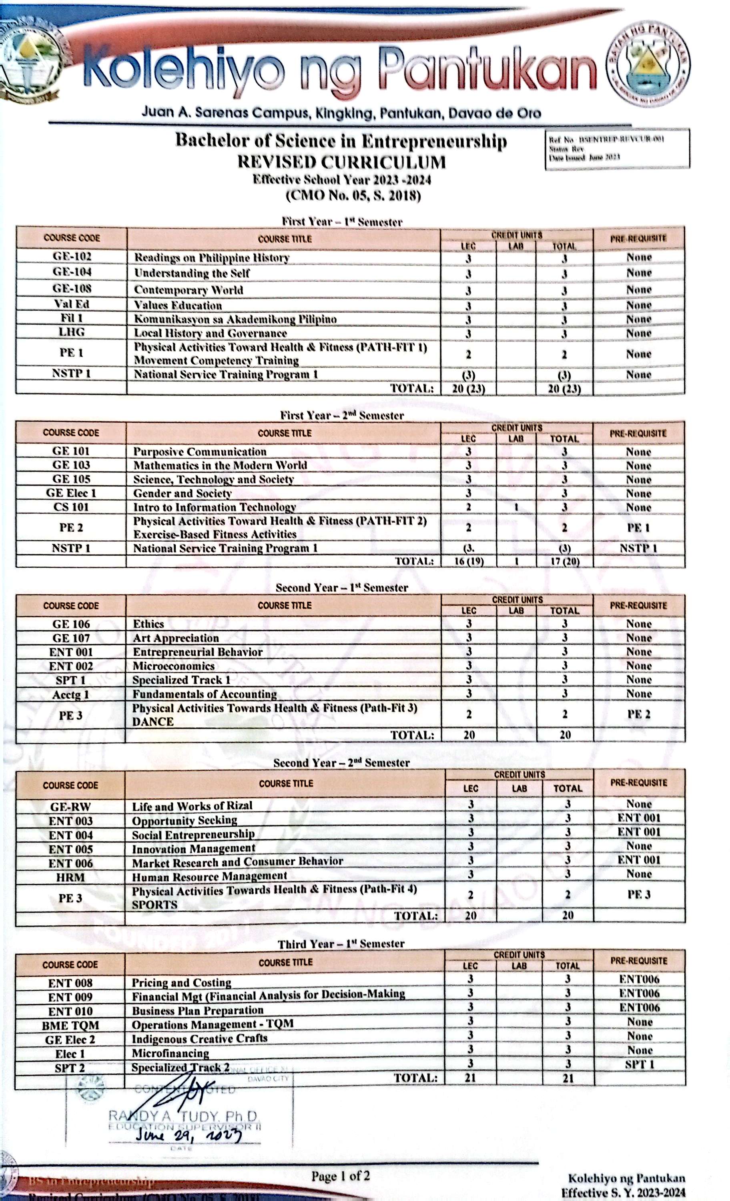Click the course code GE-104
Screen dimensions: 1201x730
pyautogui.click(x=72, y=272)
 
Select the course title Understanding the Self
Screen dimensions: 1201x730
pyautogui.click(x=192, y=273)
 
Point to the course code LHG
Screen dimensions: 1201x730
pyautogui.click(x=72, y=332)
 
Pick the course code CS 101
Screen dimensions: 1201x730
pyautogui.click(x=71, y=507)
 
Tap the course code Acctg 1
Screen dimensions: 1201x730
pyautogui.click(x=71, y=694)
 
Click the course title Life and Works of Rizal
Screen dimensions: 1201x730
pyautogui.click(x=192, y=806)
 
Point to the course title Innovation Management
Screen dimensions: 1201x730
pyautogui.click(x=193, y=849)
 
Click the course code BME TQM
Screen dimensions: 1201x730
pyautogui.click(x=70, y=1026)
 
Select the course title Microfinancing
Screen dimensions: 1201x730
pyautogui.click(x=170, y=1053)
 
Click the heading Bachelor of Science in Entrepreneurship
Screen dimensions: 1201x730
pyautogui.click(x=341, y=141)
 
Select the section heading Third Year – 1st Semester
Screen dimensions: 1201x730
pyautogui.click(x=341, y=944)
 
